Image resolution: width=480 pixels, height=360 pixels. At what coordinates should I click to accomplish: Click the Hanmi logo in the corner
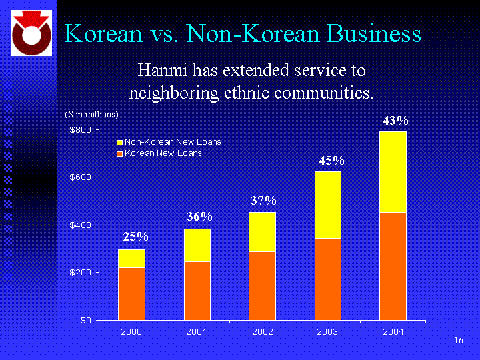coord(30,34)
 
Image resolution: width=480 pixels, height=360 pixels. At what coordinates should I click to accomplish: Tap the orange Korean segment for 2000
coord(131,293)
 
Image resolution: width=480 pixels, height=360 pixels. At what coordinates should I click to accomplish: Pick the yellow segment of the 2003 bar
coord(327,205)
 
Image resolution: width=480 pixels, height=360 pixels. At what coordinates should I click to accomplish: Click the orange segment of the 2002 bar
coord(263,285)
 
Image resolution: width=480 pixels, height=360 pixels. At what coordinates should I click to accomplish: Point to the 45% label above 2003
coord(331,161)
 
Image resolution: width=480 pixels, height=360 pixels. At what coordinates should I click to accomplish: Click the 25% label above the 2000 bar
coord(135,237)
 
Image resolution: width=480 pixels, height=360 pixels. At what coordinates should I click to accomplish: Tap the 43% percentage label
coord(395,121)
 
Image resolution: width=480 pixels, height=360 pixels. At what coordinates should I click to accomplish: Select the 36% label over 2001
coord(199,217)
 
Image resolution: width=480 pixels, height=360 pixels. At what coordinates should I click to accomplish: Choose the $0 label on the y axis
coord(85,320)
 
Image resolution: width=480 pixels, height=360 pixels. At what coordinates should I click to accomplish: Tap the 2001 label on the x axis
coord(197,331)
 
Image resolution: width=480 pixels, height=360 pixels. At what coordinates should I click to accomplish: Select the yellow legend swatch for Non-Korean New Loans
coord(120,142)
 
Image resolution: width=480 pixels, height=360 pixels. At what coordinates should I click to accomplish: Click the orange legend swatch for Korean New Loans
coord(120,153)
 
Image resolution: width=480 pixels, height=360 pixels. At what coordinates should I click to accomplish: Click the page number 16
coord(458,341)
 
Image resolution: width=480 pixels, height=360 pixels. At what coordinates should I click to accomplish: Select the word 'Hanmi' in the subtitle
coord(159,70)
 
